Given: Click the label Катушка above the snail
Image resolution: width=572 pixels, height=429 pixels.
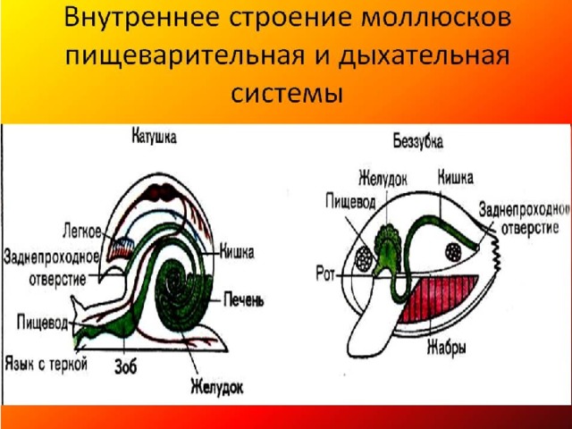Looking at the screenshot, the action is click(x=154, y=137).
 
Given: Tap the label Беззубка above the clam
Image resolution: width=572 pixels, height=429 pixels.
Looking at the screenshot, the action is click(x=418, y=141).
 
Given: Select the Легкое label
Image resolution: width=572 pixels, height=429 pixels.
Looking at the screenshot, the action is click(x=82, y=231).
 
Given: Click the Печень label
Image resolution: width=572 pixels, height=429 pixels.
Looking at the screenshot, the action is click(x=243, y=300).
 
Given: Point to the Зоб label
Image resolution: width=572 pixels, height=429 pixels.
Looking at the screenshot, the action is click(x=126, y=366).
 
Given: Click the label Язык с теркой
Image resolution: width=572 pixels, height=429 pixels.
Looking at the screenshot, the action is click(x=46, y=364).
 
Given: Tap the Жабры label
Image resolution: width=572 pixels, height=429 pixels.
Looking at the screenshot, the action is click(x=447, y=348).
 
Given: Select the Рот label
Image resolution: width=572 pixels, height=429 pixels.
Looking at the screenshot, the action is click(x=325, y=274).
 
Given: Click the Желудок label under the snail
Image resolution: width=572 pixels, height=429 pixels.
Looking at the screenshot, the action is click(x=217, y=387).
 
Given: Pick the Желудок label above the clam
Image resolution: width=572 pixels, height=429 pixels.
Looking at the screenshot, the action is click(x=383, y=179).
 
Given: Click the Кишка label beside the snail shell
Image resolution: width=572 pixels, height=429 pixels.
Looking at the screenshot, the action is click(x=236, y=252).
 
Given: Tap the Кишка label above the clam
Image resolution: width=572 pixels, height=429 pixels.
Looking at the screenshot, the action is click(x=455, y=178).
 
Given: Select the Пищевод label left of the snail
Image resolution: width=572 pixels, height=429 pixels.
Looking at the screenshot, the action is click(x=42, y=324).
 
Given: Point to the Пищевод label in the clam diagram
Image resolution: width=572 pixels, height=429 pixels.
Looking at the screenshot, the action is click(x=350, y=202).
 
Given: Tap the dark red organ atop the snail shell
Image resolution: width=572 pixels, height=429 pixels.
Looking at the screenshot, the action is click(x=161, y=193).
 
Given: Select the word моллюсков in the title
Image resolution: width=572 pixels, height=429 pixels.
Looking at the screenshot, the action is click(x=436, y=18).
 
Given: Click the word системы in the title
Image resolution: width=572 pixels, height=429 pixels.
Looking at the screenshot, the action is click(x=287, y=94).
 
